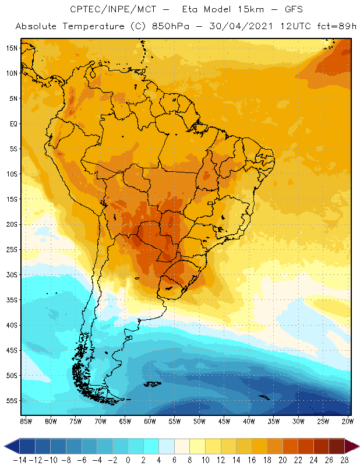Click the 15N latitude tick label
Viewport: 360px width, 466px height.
(12, 48)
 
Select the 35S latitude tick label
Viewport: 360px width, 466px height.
(12, 300)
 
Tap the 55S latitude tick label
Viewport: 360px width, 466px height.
(12, 401)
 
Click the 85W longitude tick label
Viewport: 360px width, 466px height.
(26, 421)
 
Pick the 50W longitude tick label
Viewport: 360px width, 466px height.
(200, 421)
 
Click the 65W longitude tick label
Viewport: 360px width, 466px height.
(125, 421)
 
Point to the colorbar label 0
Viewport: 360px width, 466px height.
(128, 460)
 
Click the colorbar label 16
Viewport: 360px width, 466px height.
(252, 460)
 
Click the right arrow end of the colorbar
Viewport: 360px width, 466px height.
(352, 446)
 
